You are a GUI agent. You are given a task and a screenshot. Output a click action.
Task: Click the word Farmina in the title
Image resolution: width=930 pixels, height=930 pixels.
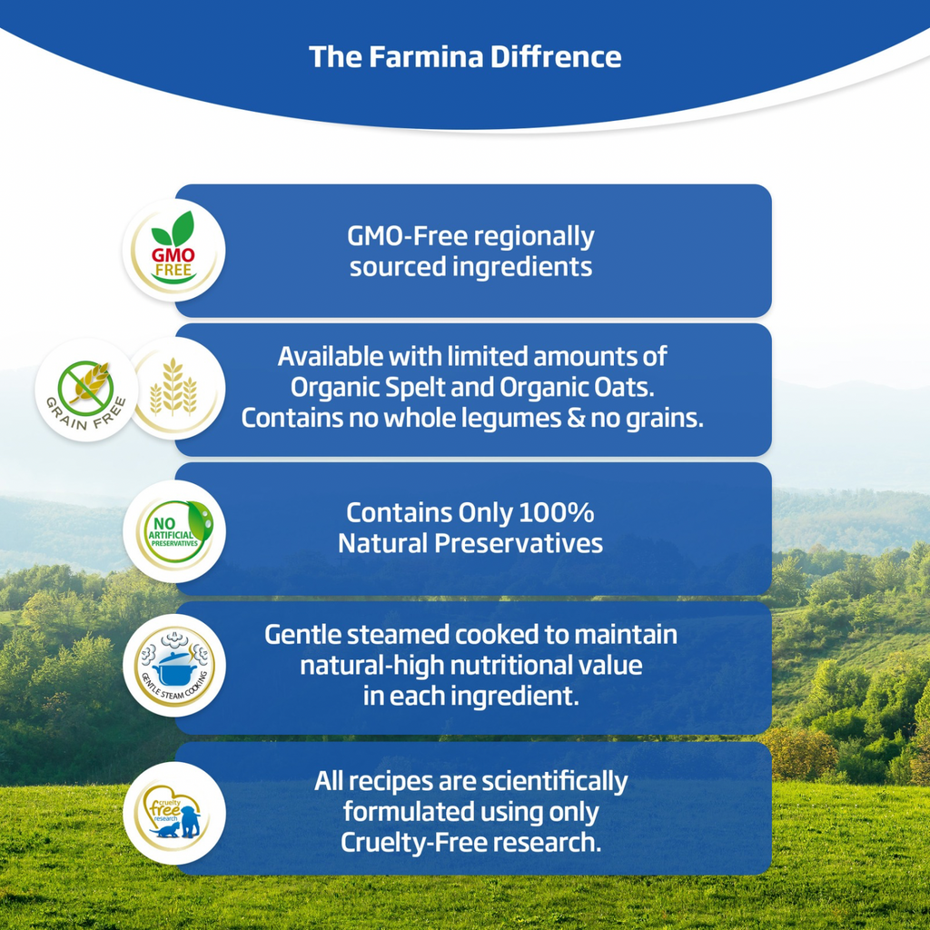pos(427,57)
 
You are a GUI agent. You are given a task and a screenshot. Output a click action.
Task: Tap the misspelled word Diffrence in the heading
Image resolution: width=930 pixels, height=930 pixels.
pos(556,57)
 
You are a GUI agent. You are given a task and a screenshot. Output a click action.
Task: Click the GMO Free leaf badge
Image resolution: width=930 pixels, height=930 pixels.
pos(173,250)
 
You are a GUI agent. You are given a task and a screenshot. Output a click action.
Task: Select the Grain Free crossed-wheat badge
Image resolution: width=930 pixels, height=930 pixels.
pos(86,390)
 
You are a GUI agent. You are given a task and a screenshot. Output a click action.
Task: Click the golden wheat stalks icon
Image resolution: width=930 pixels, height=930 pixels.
pos(173,387)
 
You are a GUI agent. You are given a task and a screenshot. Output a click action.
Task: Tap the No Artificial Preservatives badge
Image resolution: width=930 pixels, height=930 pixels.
pos(174,531)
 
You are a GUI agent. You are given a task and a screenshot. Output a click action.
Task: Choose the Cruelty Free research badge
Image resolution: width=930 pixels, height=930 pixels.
pos(174,813)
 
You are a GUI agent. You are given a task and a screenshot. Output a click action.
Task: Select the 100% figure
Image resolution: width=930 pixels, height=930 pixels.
pos(557,513)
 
